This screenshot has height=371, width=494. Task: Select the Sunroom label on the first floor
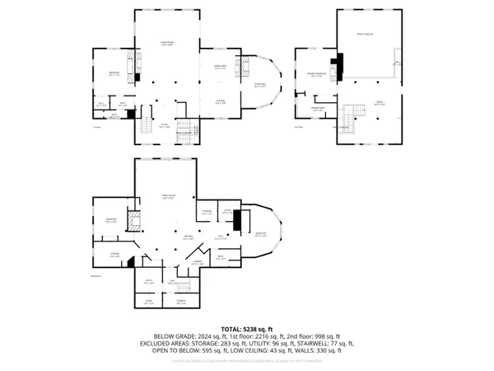259,85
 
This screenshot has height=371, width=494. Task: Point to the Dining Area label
220,67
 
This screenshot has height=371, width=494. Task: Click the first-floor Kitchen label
220,101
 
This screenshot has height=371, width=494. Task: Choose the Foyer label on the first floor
165,124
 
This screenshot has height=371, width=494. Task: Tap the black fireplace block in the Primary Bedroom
335,65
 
